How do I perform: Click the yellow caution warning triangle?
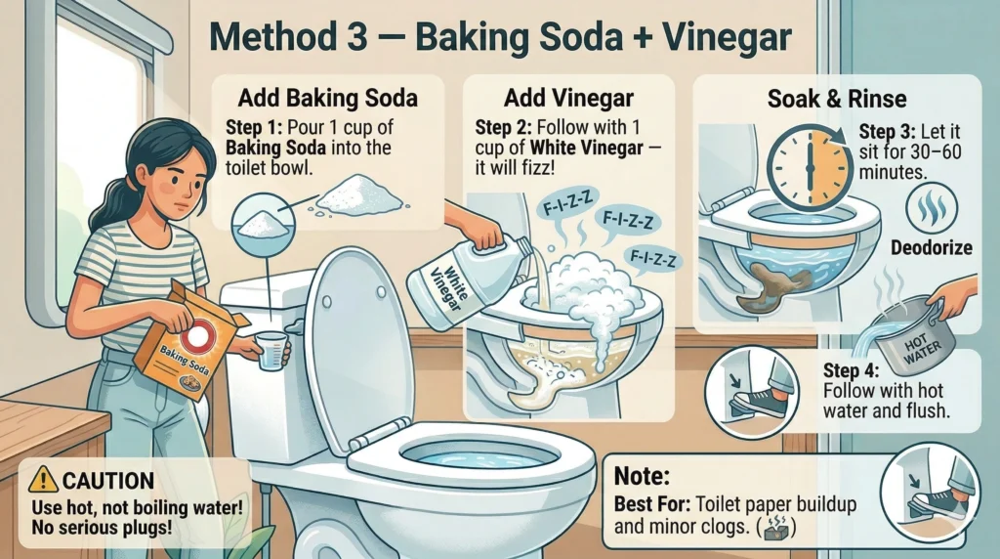(x=43, y=479)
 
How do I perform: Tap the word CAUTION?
(x=108, y=481)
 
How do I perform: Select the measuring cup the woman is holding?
(x=271, y=350)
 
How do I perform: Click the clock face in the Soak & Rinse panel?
(x=810, y=168)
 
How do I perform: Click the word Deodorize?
(x=931, y=247)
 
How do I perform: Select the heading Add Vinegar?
(x=568, y=99)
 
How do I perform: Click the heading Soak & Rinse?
(x=837, y=99)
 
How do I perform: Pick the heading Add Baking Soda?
(x=328, y=99)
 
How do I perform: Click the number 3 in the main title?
(x=356, y=37)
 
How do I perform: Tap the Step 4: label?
(x=852, y=370)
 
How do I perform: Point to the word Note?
(x=642, y=476)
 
